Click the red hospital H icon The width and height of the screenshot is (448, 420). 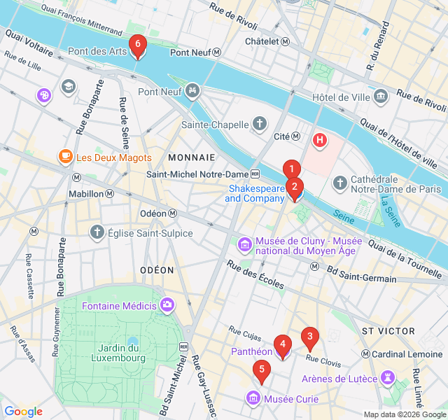coord(320,140)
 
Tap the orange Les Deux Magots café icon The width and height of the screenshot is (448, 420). coord(65,157)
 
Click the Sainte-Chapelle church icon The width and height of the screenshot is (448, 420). coord(260,125)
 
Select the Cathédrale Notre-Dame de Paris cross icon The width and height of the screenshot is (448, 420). coord(340,183)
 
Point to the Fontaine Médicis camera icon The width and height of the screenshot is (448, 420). coord(168,305)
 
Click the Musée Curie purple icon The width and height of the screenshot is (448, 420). coord(253,399)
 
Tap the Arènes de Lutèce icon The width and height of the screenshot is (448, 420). coord(386,379)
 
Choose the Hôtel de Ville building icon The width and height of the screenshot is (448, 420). coord(381,96)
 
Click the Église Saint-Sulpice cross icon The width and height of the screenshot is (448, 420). coord(97,232)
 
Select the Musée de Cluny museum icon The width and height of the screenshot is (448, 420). coord(245,244)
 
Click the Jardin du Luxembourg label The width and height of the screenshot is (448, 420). coord(118,353)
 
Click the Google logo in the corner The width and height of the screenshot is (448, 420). coord(23,412)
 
